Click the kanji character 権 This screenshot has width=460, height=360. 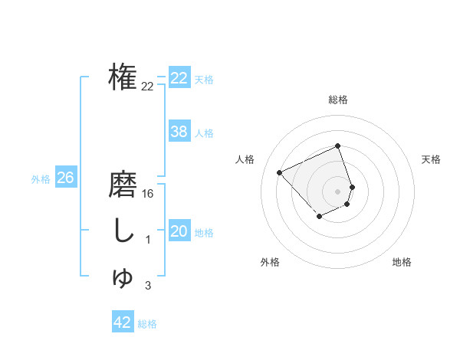tap(123, 77)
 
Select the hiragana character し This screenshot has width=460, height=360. tap(123, 231)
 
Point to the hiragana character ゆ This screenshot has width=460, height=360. tap(123, 277)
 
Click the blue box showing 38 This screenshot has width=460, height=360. tap(179, 132)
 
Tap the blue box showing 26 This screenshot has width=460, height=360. tap(65, 178)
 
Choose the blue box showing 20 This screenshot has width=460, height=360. tap(179, 231)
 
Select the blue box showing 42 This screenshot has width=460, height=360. tap(123, 322)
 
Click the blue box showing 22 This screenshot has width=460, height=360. tap(179, 78)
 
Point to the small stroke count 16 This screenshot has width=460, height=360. tap(148, 194)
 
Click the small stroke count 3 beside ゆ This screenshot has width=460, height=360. tap(148, 286)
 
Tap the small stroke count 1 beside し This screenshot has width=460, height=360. tap(148, 240)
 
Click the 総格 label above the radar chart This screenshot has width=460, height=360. tap(338, 100)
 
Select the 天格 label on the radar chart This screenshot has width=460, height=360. tap(431, 159)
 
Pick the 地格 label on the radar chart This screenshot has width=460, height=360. tap(402, 262)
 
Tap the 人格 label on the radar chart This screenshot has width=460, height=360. tap(245, 159)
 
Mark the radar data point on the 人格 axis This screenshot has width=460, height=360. tap(280, 173)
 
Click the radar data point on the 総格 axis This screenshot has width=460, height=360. tap(338, 146)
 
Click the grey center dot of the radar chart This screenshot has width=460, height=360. tap(338, 191)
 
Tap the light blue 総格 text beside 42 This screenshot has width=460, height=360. tap(147, 324)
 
